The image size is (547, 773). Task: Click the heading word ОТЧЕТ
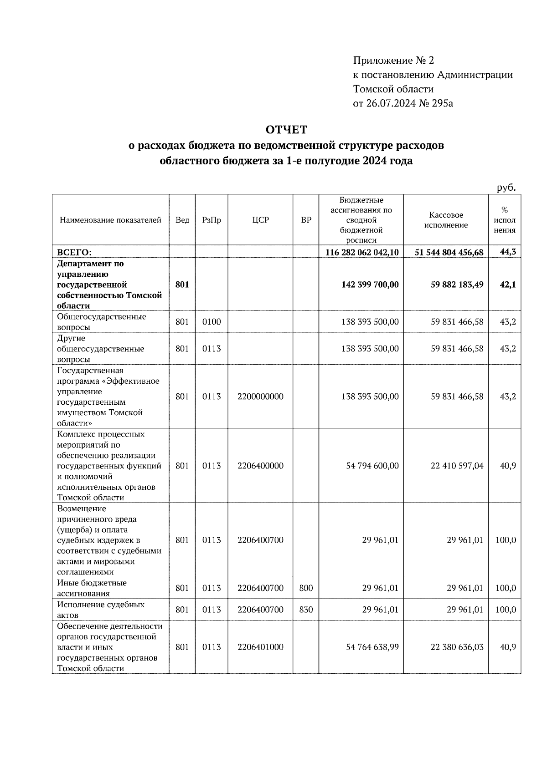coord(286,130)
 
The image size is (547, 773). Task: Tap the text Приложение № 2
coord(394,60)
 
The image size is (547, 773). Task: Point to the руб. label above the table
coord(506,188)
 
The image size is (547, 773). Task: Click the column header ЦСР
coord(260,220)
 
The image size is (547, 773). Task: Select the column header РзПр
coord(212,220)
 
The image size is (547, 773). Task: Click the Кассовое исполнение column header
coord(446,220)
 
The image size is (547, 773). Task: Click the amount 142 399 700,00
coord(370,285)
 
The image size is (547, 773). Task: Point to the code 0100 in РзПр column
coord(212,322)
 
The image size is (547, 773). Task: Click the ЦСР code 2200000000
coord(260,397)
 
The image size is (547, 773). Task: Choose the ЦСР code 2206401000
coord(260,647)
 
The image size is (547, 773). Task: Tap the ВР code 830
coord(306,610)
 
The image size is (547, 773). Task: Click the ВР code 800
coord(306,588)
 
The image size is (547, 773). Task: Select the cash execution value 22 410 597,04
coord(457,466)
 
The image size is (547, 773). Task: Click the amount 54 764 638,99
coord(372,647)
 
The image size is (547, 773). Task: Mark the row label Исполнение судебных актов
coord(100,610)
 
